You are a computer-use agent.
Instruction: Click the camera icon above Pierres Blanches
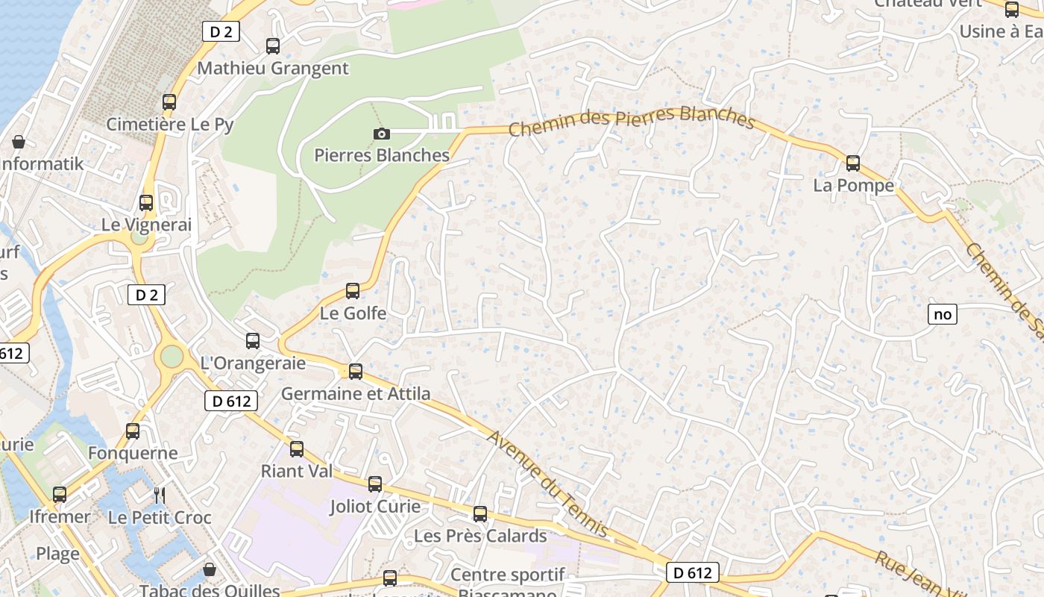pyautogui.click(x=381, y=134)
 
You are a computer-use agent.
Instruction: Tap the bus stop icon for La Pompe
pyautogui.click(x=852, y=163)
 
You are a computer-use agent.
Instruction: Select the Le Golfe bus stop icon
pyautogui.click(x=353, y=290)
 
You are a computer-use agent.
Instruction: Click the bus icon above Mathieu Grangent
pyautogui.click(x=273, y=46)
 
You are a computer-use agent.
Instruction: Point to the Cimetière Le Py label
pyautogui.click(x=170, y=125)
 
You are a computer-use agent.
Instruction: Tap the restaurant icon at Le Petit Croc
pyautogui.click(x=159, y=495)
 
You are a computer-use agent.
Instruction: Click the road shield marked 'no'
pyautogui.click(x=943, y=314)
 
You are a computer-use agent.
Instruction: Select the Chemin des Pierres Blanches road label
pyautogui.click(x=632, y=122)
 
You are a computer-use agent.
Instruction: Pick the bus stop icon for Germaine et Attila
pyautogui.click(x=356, y=371)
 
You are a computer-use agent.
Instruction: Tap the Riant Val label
pyautogui.click(x=297, y=472)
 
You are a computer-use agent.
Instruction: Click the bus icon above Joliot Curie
pyautogui.click(x=375, y=484)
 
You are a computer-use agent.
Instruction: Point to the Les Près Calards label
pyautogui.click(x=480, y=536)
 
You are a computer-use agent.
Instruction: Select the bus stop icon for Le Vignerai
pyautogui.click(x=146, y=202)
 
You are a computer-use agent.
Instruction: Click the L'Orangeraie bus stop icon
pyautogui.click(x=253, y=341)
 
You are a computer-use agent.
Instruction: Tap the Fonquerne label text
pyautogui.click(x=133, y=453)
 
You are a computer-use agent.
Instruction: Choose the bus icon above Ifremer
pyautogui.click(x=60, y=494)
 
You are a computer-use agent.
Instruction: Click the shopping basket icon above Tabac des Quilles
pyautogui.click(x=210, y=570)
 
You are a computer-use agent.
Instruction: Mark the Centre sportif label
pyautogui.click(x=508, y=575)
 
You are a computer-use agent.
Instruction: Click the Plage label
pyautogui.click(x=57, y=554)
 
